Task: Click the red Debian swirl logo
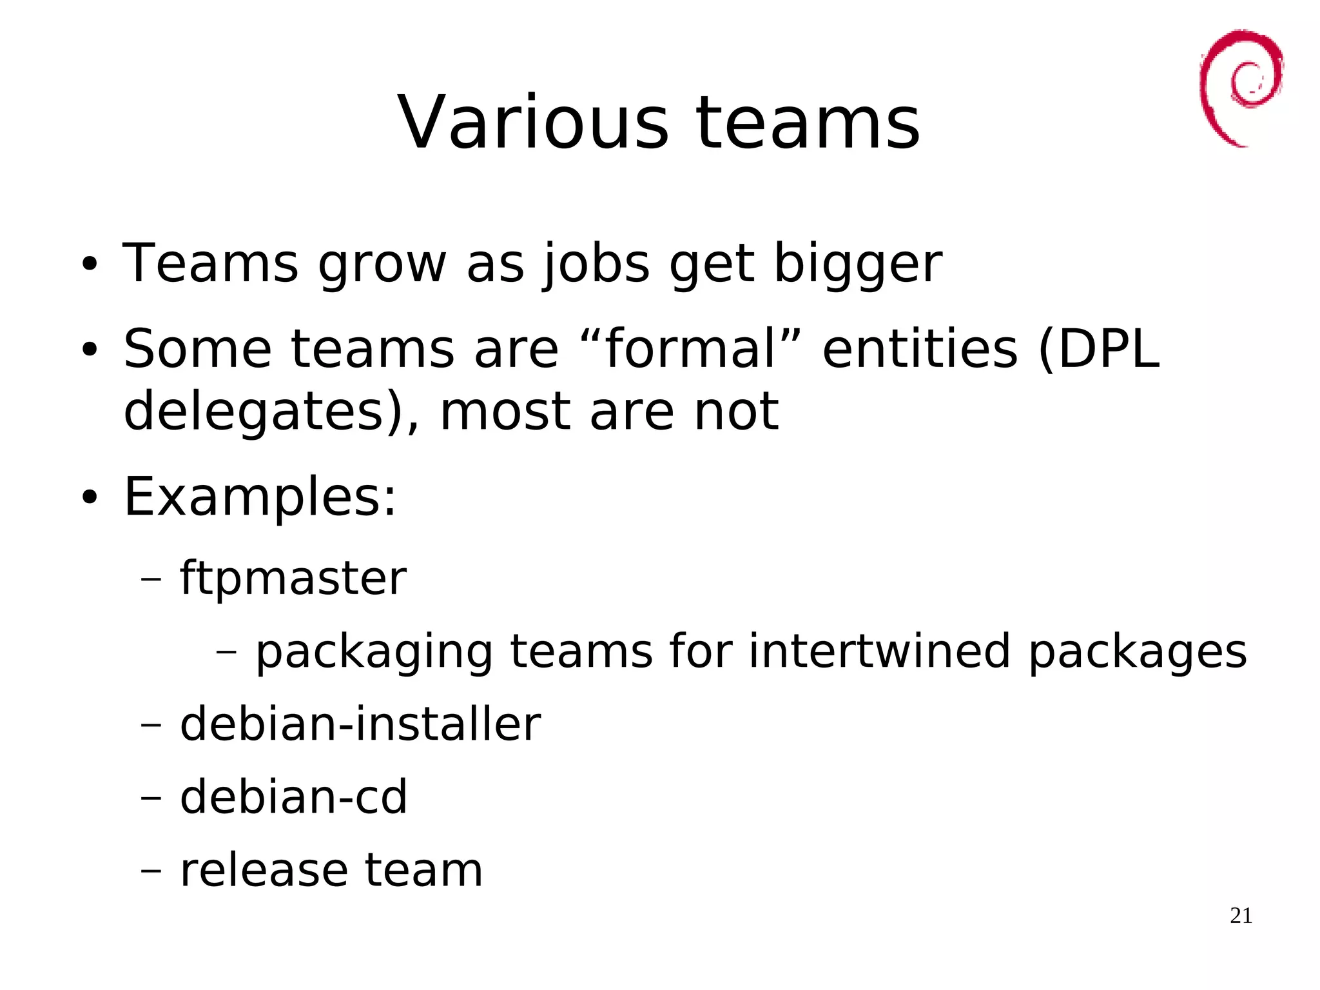click(x=1240, y=87)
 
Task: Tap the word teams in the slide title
click(x=808, y=123)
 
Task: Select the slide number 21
click(x=1241, y=916)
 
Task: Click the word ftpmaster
click(x=293, y=578)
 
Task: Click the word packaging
click(x=374, y=653)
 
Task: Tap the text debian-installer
click(x=360, y=724)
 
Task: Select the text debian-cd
click(x=293, y=797)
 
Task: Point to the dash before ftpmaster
click(x=151, y=579)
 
